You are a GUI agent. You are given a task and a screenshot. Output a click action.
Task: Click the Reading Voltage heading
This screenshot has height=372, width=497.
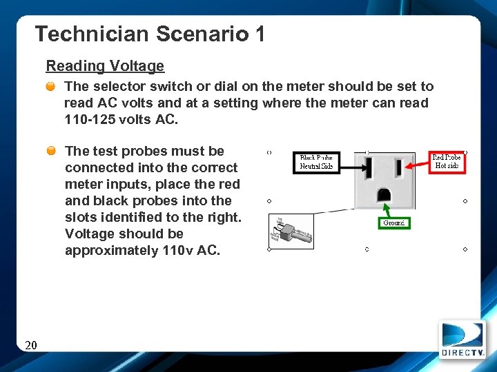point(105,66)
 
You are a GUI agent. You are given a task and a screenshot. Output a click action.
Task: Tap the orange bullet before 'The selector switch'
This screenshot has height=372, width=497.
point(51,87)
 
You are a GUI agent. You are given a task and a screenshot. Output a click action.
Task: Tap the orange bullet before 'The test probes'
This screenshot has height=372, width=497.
point(51,151)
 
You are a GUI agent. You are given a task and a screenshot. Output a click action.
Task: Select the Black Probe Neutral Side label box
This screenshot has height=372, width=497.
point(317,162)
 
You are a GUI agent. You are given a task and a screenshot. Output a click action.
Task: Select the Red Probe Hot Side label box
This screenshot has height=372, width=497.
point(447,161)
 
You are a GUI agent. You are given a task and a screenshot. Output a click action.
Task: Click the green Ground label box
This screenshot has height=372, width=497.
point(394,223)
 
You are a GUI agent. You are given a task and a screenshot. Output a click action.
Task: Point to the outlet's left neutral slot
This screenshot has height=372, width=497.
point(369,167)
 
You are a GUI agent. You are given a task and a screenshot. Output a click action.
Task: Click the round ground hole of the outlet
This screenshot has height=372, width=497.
point(383,194)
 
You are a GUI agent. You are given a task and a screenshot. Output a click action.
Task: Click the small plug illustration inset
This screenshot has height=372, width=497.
point(291,230)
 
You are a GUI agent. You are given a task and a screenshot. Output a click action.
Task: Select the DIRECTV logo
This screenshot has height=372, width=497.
point(462,339)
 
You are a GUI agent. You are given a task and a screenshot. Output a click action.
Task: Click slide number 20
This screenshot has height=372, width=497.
point(30,345)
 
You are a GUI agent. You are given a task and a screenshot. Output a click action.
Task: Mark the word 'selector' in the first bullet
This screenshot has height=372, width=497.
point(115,86)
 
